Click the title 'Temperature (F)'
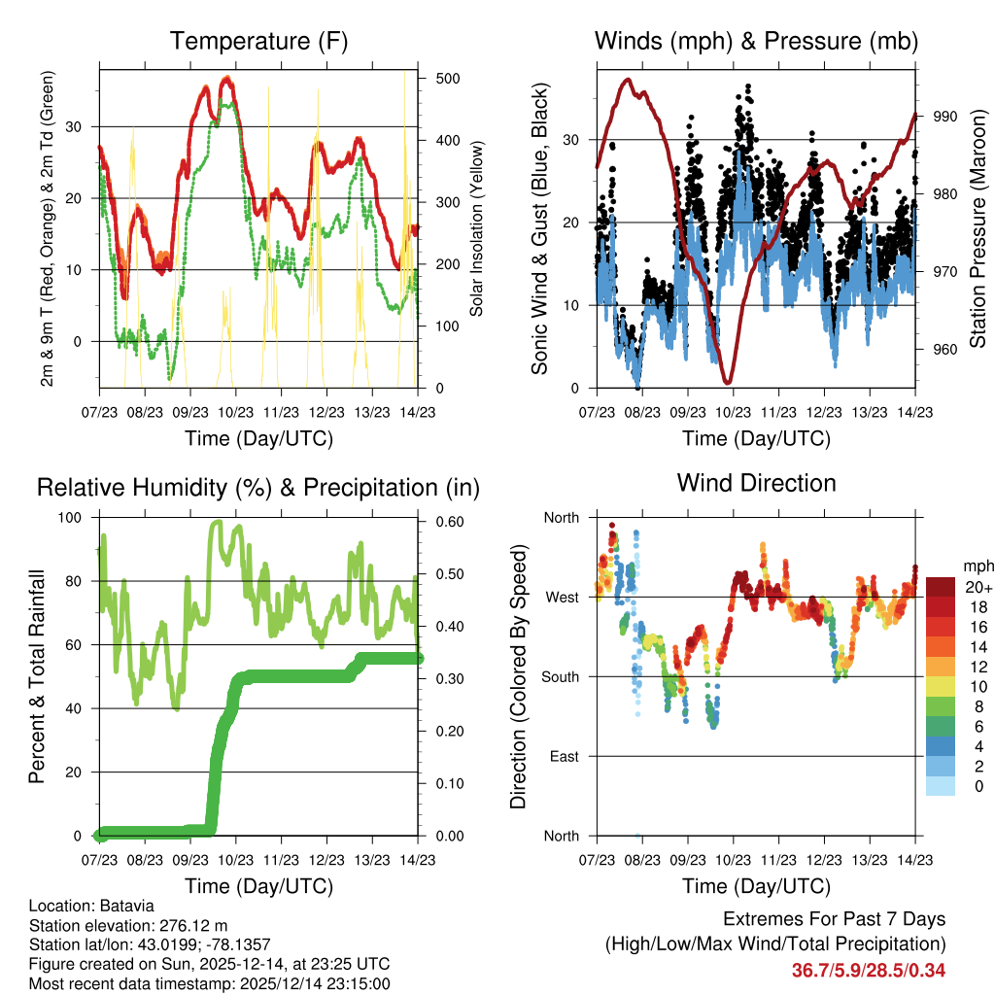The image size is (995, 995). click(x=258, y=41)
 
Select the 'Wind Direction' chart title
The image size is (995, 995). click(x=756, y=483)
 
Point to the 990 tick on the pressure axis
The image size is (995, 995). click(x=945, y=116)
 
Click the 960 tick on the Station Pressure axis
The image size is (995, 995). click(x=945, y=349)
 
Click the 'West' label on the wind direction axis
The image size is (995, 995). click(x=561, y=597)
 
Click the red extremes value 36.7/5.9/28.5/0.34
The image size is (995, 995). click(x=869, y=970)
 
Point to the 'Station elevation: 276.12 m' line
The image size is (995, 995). click(x=128, y=925)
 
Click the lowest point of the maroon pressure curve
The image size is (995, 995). click(x=727, y=382)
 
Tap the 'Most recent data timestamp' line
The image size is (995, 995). click(x=209, y=983)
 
